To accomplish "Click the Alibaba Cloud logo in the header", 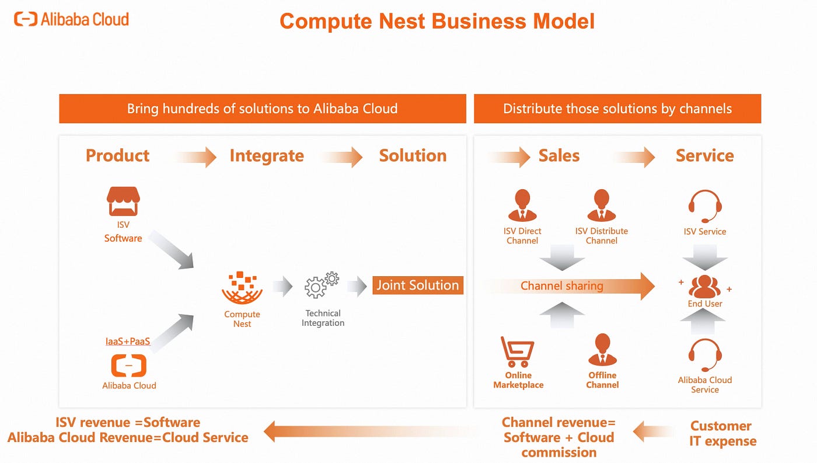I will click(71, 19).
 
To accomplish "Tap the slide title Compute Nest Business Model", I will click(437, 22).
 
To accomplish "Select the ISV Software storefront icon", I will click(123, 201).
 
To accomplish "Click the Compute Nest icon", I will click(242, 287).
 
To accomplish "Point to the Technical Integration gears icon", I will click(322, 285).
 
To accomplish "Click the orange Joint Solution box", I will click(418, 286).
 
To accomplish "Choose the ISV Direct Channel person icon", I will click(522, 205).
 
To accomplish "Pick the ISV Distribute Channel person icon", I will click(601, 205).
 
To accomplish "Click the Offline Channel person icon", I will click(602, 350).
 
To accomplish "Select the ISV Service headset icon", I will click(705, 206).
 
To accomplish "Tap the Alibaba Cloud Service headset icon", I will click(705, 354).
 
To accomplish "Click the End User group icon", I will click(705, 286).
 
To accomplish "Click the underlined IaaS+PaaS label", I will click(128, 341).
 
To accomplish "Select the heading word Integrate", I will click(267, 156).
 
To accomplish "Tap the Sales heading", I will click(558, 156).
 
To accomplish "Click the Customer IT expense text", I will click(722, 434).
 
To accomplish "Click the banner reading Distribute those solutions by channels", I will click(617, 109).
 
